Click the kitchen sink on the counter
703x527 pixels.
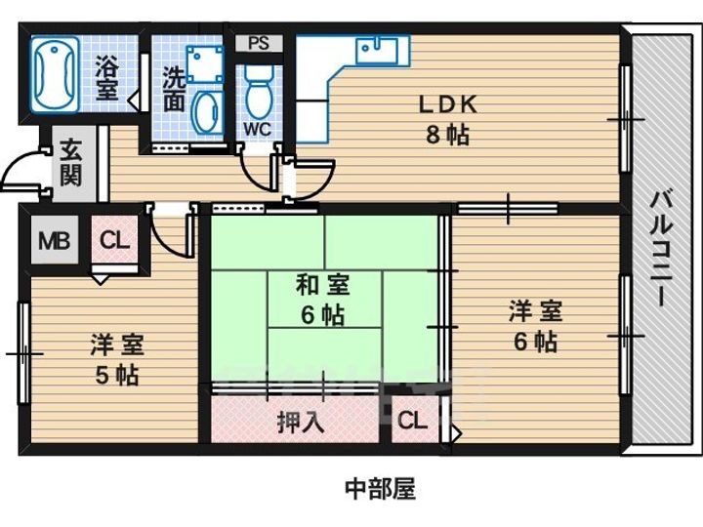(377, 48)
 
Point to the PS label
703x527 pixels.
(259, 43)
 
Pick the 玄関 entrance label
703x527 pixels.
(70, 163)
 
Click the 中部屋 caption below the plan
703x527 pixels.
(380, 488)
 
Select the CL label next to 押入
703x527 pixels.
(412, 422)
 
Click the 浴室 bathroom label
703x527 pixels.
(106, 78)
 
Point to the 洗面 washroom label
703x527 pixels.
(174, 89)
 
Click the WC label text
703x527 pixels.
(258, 128)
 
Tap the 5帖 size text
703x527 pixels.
(117, 375)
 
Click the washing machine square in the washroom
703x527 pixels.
(205, 62)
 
